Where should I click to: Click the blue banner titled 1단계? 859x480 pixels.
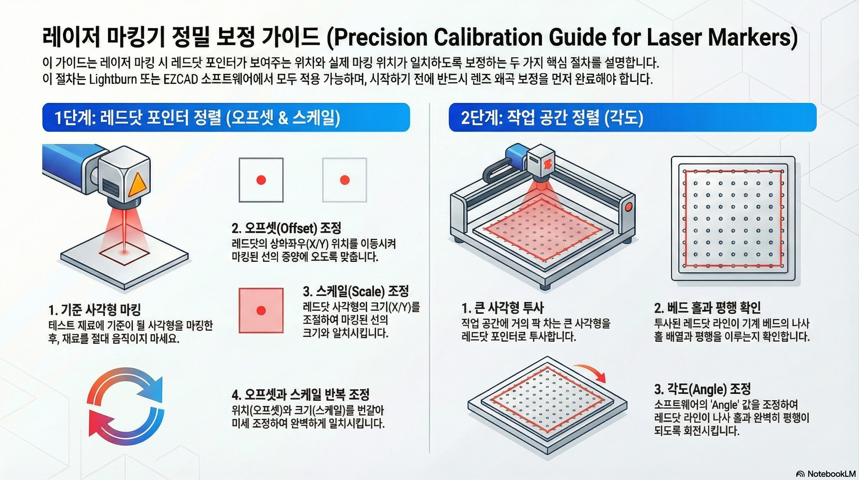point(226,117)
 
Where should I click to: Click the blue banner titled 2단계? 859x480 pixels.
point(633,117)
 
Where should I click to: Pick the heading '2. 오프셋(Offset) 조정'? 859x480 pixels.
point(287,228)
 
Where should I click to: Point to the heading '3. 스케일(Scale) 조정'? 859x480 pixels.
point(356,291)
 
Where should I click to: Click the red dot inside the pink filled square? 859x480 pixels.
point(261,310)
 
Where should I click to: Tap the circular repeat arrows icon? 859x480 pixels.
point(126,402)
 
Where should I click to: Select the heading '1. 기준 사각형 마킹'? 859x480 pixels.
point(95,310)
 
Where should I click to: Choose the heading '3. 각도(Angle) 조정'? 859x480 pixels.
point(703,389)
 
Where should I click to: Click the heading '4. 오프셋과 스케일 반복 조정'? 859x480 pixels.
point(301,395)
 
